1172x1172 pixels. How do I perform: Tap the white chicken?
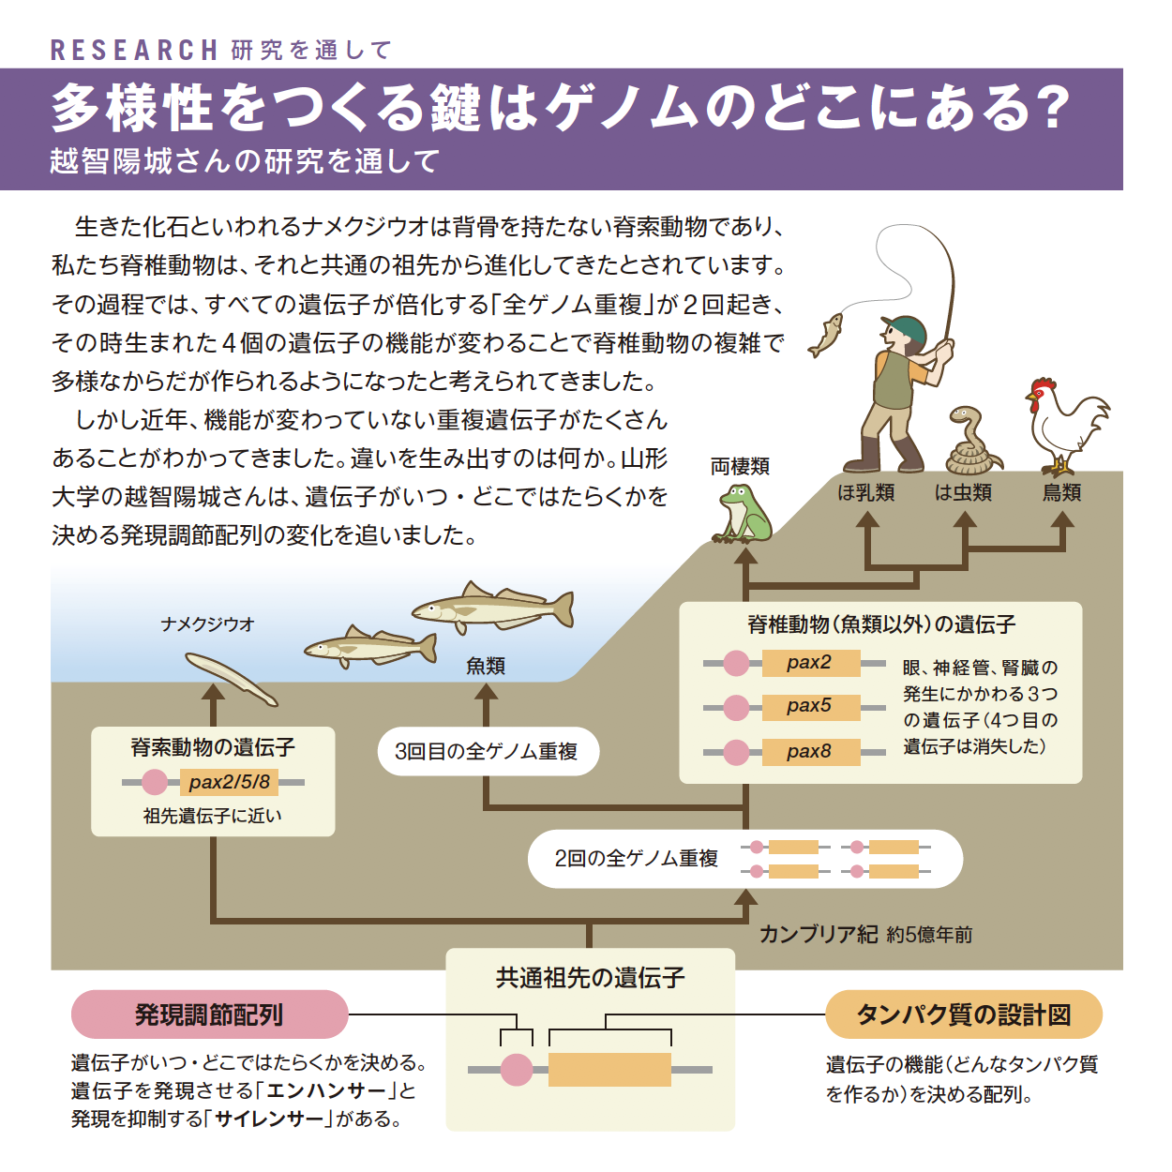[1064, 426]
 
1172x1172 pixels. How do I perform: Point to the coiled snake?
[971, 441]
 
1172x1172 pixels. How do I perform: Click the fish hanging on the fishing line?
[825, 335]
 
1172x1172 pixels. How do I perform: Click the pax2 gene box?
[811, 662]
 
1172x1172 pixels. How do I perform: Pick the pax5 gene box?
[811, 707]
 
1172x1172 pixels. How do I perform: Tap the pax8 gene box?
[811, 752]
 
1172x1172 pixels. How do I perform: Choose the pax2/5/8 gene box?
[230, 782]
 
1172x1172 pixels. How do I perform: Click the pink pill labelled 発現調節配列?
[210, 1014]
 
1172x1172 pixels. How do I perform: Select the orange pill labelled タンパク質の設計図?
[964, 1014]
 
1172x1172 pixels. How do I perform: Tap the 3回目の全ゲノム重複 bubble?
[488, 751]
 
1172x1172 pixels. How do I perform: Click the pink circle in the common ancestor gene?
[517, 1069]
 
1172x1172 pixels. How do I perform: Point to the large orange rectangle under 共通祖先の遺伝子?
[609, 1069]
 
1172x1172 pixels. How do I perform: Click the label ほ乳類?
[866, 492]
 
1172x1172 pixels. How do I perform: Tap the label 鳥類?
[1061, 492]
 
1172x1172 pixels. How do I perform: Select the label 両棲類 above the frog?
[740, 466]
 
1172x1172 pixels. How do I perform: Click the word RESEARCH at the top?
[134, 50]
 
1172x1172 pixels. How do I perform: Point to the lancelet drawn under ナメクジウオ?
[231, 679]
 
